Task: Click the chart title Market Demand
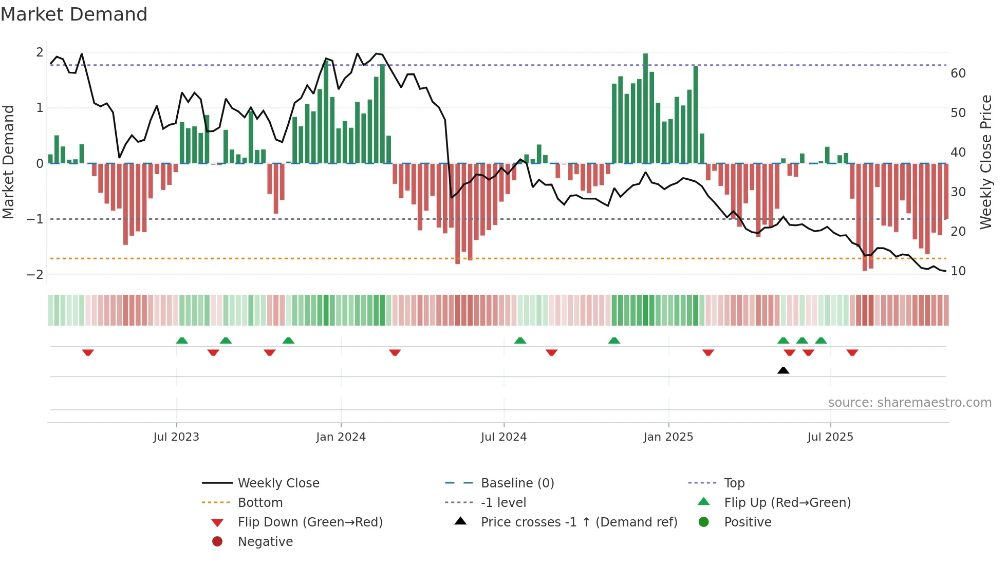[x=74, y=14]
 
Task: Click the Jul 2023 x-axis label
[x=176, y=437]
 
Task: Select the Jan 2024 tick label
[x=341, y=437]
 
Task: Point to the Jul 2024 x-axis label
[x=503, y=437]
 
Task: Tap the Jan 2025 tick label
[x=668, y=437]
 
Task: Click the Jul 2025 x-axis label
[x=830, y=437]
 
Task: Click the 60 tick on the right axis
[x=958, y=73]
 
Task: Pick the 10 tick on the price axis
[x=958, y=271]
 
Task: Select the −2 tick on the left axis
[x=35, y=275]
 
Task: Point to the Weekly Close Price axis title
[x=985, y=162]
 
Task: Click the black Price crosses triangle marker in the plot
[x=783, y=370]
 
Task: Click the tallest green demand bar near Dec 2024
[x=645, y=108]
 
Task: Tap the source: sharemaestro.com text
[x=909, y=403]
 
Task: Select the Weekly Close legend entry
[x=278, y=483]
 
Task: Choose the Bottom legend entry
[x=260, y=503]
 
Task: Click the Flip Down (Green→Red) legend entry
[x=310, y=522]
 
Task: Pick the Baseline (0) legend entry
[x=517, y=483]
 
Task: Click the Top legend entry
[x=734, y=483]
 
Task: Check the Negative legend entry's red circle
[x=217, y=542]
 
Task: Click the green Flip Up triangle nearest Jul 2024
[x=520, y=341]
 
